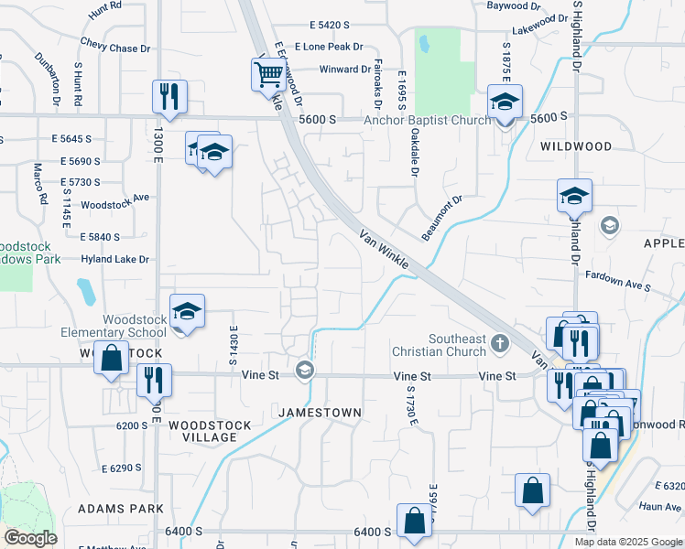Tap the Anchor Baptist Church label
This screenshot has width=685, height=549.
[428, 120]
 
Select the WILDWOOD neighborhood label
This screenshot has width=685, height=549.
[575, 146]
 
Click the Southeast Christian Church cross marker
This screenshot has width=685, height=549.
[499, 344]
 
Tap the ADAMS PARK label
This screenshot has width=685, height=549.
[120, 508]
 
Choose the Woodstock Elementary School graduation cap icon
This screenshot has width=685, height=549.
[187, 312]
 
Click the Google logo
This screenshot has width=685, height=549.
[29, 538]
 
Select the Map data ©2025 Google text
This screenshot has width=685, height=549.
[627, 541]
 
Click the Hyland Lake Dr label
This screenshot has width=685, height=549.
[114, 260]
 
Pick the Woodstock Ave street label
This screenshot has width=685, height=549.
[114, 201]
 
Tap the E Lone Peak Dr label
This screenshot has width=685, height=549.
[331, 47]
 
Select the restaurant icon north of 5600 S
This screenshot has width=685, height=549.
[169, 95]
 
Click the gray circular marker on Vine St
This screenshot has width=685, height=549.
[304, 371]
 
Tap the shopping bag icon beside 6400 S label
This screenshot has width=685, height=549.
[414, 521]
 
